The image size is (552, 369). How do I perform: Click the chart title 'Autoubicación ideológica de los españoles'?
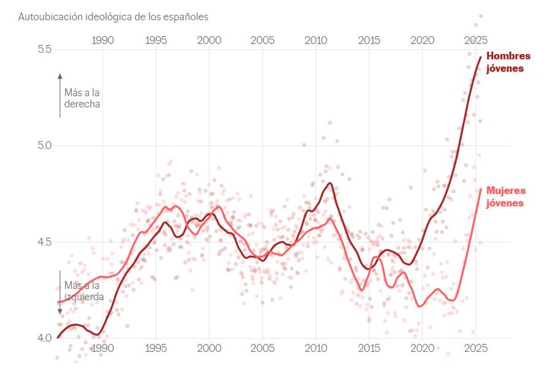[113, 17]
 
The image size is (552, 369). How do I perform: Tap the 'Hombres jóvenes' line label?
[508, 62]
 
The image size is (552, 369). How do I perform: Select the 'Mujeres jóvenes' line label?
[506, 196]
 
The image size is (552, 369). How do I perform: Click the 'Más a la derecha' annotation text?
[82, 98]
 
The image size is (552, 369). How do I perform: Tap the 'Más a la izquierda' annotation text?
[84, 291]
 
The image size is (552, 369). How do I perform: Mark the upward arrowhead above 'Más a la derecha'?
[60, 76]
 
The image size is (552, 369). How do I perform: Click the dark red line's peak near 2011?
[330, 183]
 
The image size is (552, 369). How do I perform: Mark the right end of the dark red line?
[480, 57]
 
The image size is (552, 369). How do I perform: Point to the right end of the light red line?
[480, 190]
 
